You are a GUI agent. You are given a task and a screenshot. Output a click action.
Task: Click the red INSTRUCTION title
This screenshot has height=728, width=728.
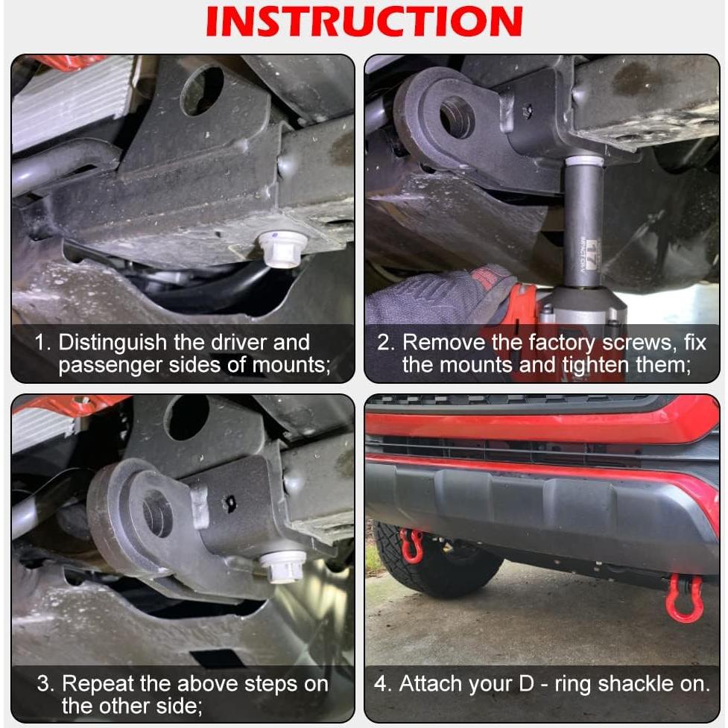click(364, 21)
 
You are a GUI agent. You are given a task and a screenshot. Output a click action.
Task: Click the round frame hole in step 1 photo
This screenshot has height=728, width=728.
click(202, 89)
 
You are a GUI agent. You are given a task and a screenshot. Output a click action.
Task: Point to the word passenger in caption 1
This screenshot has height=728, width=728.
click(110, 365)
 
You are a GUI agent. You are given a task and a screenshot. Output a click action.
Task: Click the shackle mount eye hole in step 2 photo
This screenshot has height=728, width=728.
click(457, 117)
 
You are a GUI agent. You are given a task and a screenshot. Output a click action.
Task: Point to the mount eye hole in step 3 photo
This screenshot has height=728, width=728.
click(157, 513)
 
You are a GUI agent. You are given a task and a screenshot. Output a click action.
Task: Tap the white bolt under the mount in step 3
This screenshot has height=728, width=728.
click(283, 566)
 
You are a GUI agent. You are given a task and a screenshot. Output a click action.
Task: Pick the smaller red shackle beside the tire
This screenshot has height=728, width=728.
click(411, 545)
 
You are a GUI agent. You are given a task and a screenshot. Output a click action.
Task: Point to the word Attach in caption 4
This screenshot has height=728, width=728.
click(427, 684)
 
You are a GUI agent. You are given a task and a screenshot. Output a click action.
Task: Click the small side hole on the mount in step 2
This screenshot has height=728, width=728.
click(527, 112)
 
